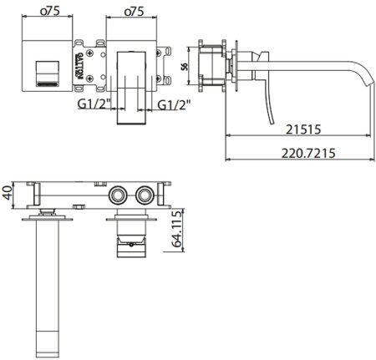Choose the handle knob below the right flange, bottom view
[132, 241]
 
